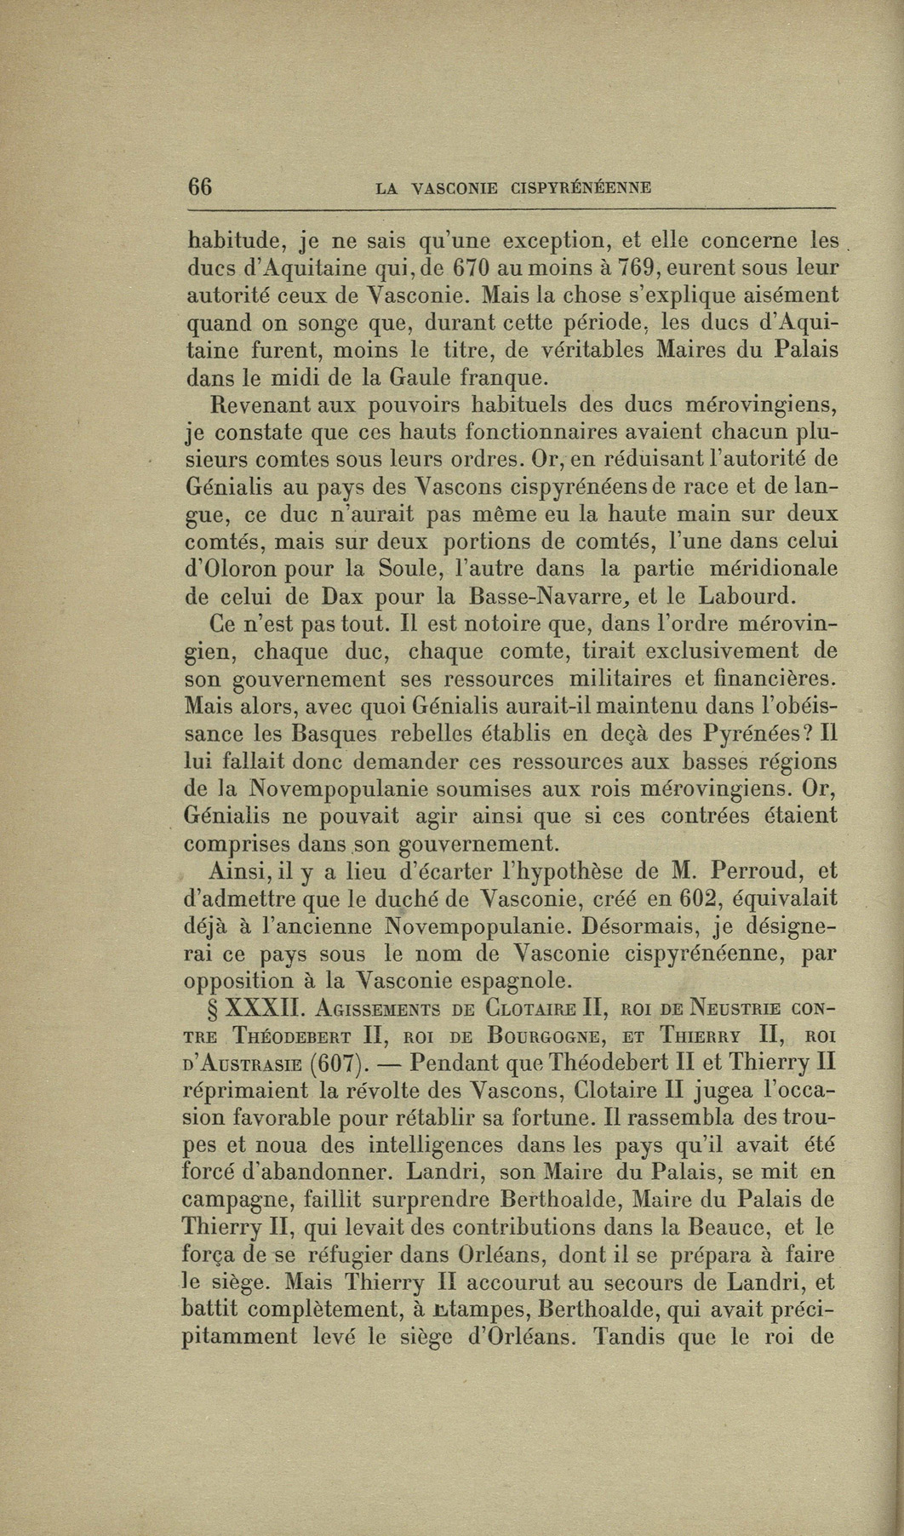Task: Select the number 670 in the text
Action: tap(469, 267)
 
